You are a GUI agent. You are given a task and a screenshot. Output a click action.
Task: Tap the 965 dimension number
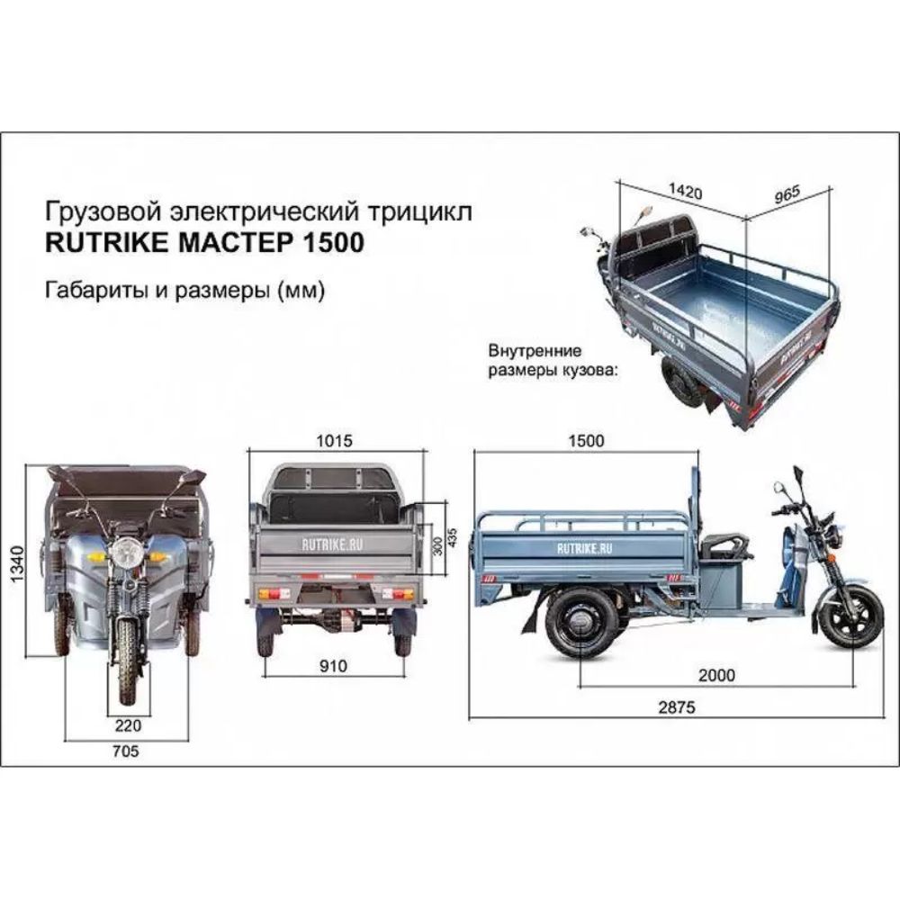point(787,192)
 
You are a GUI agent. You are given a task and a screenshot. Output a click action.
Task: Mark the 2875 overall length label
point(677,707)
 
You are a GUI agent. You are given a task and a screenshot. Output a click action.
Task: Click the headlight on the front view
point(127,549)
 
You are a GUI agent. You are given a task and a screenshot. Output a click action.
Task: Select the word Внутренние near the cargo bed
point(535,349)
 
